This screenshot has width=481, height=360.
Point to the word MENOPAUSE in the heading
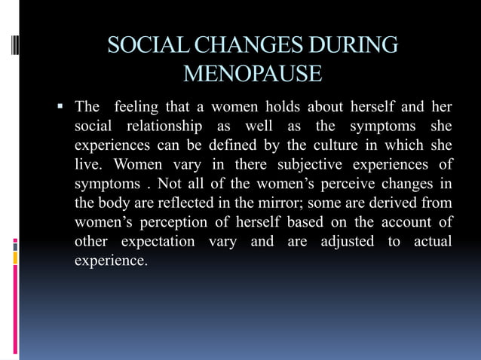coord(253,75)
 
